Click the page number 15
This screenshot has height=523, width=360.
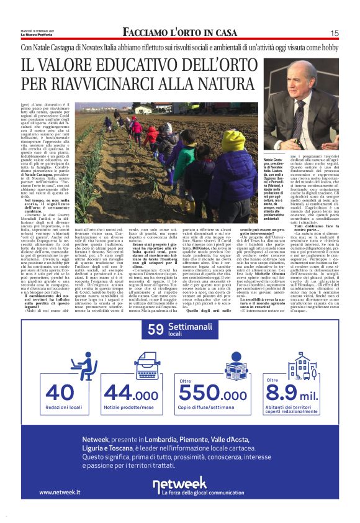[x=334, y=33]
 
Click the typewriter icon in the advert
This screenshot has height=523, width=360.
[x=131, y=365]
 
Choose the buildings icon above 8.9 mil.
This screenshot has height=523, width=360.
[x=298, y=366]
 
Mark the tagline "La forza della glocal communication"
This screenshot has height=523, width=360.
[x=194, y=492]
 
